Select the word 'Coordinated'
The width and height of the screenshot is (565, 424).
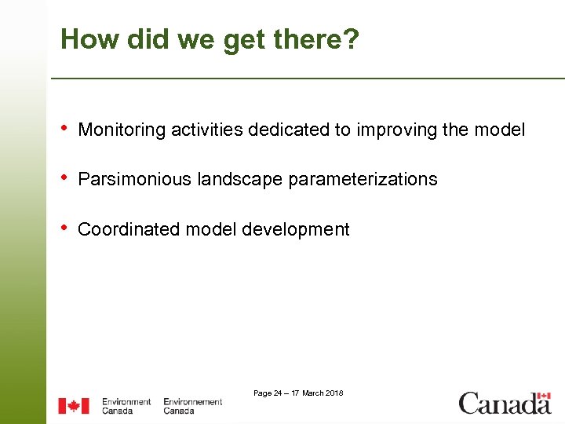(129, 229)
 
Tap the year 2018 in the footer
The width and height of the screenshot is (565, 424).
(334, 393)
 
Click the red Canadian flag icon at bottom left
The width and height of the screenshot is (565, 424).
(74, 406)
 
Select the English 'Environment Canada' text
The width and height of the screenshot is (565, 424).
(126, 406)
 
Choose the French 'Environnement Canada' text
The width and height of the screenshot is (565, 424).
(192, 406)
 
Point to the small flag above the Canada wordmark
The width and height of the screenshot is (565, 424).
(543, 396)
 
